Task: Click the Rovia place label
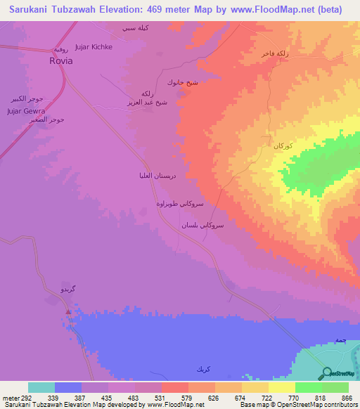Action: pyautogui.click(x=60, y=60)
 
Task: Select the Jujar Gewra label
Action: pyautogui.click(x=26, y=111)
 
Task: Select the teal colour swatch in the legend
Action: pyautogui.click(x=41, y=387)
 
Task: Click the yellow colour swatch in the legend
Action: pyautogui.click(x=281, y=387)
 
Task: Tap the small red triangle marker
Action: pyautogui.click(x=68, y=311)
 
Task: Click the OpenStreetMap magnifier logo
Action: pyautogui.click(x=327, y=372)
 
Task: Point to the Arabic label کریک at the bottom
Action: pyautogui.click(x=203, y=369)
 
